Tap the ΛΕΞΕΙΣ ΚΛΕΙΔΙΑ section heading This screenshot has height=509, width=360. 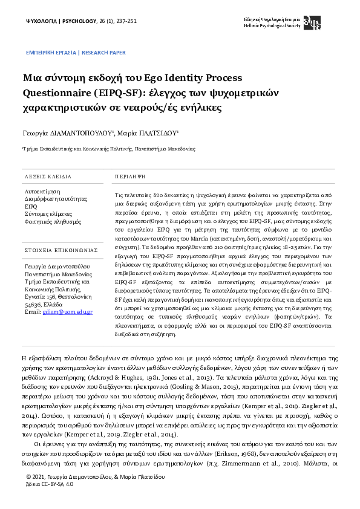point(48,177)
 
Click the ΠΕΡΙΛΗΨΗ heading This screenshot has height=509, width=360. point(130,177)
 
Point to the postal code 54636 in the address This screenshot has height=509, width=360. point(34,304)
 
